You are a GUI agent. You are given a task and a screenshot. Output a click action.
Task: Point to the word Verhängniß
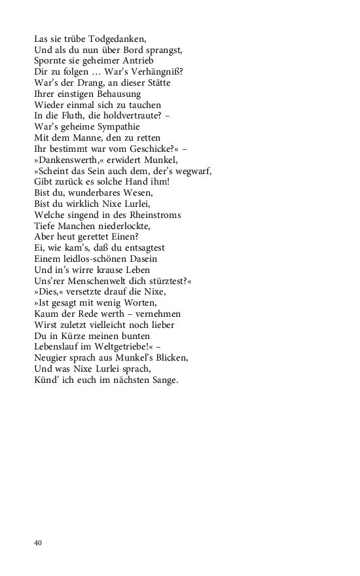tap(158, 72)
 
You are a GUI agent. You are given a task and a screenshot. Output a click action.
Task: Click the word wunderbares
tap(97, 193)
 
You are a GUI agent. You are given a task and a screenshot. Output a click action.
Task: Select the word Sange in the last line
tap(160, 380)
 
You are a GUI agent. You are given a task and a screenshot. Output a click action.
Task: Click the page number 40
tap(39, 543)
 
